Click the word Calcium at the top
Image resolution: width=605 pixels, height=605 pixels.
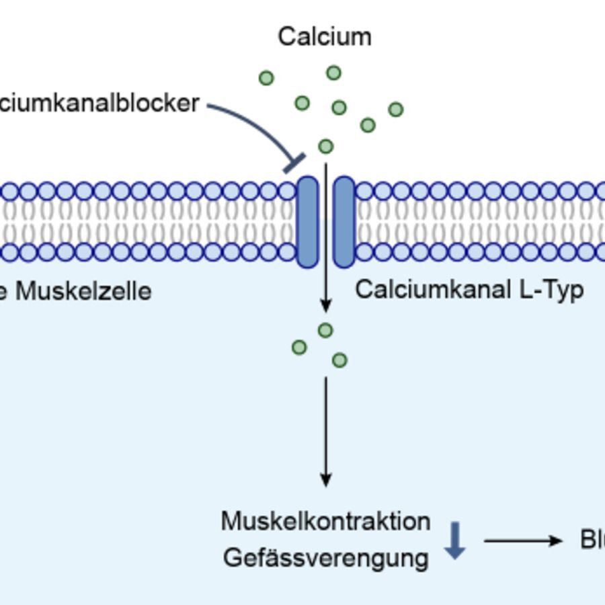coord(325,36)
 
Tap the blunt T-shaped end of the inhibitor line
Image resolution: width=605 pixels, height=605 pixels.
coord(294,163)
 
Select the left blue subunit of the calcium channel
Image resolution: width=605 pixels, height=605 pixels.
coord(307,222)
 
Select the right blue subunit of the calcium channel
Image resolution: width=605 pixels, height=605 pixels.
coord(344,222)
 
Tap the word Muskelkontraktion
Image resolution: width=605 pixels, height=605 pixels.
coord(325,522)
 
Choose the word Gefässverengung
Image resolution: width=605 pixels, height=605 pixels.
coord(325,558)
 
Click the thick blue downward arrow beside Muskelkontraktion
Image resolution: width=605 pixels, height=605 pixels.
coord(455,540)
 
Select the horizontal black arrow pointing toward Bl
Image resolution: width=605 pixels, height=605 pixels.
coord(523,540)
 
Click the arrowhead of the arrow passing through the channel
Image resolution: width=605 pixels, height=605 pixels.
coord(326,306)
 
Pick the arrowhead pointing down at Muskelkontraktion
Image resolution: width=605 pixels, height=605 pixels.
coord(326,479)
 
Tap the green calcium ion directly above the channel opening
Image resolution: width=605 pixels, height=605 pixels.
coord(325,146)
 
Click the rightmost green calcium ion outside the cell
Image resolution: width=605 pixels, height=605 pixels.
coord(396,109)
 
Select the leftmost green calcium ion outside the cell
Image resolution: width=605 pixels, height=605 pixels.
coord(266,78)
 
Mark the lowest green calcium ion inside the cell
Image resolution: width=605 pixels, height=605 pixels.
coord(339,360)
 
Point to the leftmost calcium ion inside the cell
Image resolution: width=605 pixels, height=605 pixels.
coord(299,347)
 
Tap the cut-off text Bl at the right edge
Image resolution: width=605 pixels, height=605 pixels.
coord(592,540)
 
